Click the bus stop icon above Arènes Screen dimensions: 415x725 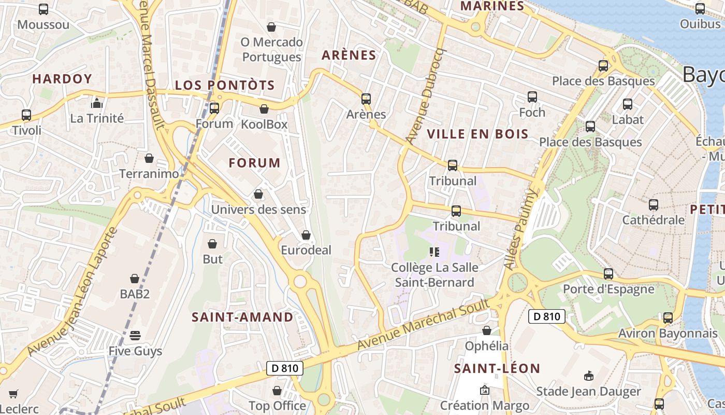tap(366, 99)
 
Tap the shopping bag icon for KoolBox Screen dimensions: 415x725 tap(264, 109)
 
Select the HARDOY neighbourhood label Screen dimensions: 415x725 tap(62, 79)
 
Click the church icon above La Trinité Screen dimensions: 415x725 tap(96, 103)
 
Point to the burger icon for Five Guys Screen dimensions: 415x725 tap(135, 335)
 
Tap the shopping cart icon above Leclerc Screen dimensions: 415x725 tap(13, 394)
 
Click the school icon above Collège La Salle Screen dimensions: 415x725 tap(434, 252)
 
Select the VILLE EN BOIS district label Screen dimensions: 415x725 tap(477, 134)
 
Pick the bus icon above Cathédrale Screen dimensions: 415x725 tap(653, 204)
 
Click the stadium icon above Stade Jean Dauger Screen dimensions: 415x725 tap(588, 376)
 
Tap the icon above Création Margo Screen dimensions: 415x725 tap(485, 390)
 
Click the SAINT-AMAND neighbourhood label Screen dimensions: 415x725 tap(242, 317)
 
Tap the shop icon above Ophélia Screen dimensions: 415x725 tap(487, 330)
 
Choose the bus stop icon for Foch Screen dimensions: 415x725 tap(532, 97)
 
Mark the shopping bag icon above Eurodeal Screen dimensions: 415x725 tap(306, 235)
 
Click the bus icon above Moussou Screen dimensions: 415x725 tap(44, 9)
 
